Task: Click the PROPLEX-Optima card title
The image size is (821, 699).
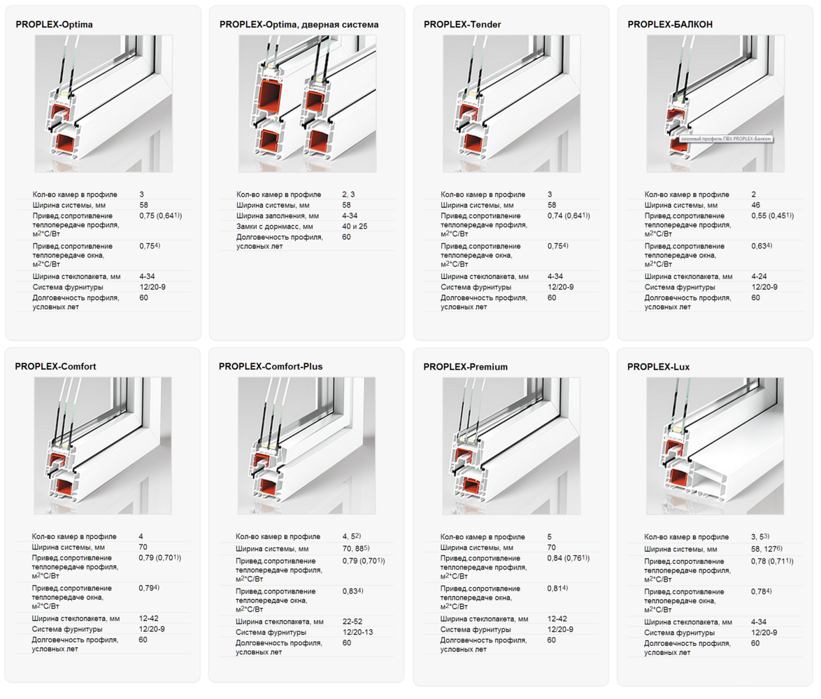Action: tap(54, 24)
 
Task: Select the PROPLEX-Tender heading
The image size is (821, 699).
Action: tap(462, 24)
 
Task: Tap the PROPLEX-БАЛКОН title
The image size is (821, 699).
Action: tap(670, 24)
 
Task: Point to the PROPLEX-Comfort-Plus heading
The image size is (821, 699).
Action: tap(271, 367)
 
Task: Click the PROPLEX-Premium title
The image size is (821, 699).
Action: tap(466, 367)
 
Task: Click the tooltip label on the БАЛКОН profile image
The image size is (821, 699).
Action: tap(726, 138)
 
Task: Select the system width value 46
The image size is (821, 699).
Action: tap(755, 205)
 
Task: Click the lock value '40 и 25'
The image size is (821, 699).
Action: tap(355, 226)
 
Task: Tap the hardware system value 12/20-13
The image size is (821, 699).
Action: tap(357, 632)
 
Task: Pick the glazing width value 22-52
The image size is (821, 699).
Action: tap(352, 621)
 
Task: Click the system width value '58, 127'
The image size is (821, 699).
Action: tap(766, 549)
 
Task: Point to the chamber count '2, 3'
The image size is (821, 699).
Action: tap(348, 194)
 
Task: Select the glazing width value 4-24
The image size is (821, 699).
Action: tap(759, 276)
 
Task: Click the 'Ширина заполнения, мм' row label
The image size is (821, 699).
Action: tap(278, 216)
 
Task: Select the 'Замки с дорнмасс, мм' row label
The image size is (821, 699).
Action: tap(274, 226)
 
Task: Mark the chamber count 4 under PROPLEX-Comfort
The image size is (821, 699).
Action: tap(141, 536)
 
